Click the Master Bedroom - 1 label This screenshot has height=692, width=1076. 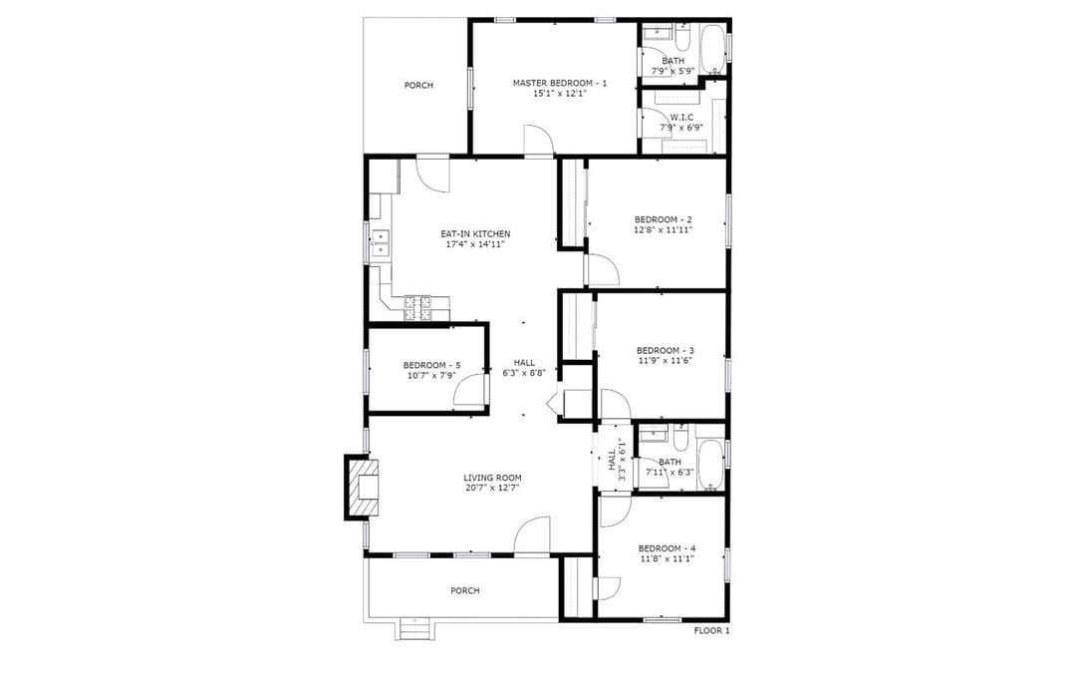(x=560, y=83)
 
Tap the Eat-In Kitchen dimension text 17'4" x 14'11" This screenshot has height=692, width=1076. (x=475, y=243)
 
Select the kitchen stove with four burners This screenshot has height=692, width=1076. (x=417, y=308)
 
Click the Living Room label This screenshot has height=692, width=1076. (x=492, y=478)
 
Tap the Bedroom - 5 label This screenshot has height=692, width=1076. (x=431, y=365)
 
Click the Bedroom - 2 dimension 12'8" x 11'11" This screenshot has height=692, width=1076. (x=663, y=230)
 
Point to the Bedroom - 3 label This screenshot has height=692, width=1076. (x=665, y=350)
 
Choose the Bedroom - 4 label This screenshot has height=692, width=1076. (x=667, y=548)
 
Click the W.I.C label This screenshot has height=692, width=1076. (x=681, y=118)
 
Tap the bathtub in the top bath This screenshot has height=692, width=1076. (x=713, y=50)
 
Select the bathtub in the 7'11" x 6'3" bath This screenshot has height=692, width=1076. (x=710, y=465)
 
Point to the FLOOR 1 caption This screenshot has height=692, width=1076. (x=711, y=631)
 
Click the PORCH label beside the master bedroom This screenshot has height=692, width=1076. (x=418, y=85)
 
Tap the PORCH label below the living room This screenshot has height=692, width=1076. (x=465, y=590)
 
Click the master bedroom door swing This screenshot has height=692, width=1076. (x=538, y=140)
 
